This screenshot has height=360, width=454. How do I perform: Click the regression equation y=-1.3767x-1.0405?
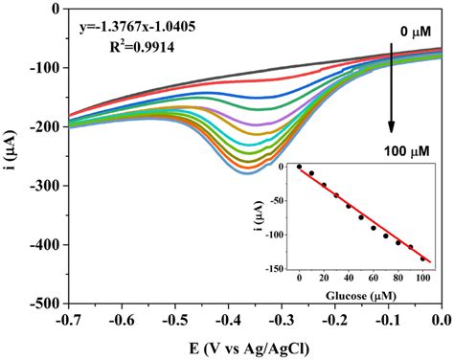139,28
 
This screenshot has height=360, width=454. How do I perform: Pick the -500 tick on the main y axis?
45,304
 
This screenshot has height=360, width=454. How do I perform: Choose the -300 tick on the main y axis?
45,186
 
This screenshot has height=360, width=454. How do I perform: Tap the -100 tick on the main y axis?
45,68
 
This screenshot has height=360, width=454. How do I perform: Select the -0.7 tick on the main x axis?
67,318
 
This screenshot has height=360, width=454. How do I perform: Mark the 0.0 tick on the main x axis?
440,318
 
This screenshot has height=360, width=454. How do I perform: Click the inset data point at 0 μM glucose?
299,167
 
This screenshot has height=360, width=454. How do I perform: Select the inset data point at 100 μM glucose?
422,259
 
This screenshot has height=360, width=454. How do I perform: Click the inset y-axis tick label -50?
281,201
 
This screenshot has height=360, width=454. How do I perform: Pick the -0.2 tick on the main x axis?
333,318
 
